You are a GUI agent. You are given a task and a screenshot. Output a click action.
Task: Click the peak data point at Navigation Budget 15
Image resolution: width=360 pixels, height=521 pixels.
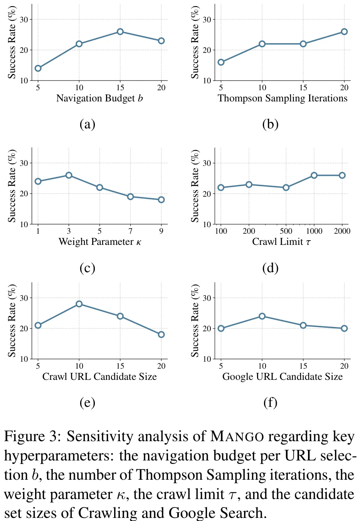point(120,32)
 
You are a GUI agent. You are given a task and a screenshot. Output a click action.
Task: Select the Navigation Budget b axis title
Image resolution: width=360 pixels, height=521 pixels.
point(99,98)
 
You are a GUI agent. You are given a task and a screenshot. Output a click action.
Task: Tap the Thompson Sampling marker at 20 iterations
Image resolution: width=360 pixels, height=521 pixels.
point(344,32)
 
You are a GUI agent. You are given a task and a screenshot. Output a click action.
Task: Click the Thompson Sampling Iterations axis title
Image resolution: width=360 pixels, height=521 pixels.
point(283,98)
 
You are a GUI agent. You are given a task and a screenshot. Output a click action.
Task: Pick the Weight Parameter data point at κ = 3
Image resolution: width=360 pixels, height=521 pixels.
point(69,175)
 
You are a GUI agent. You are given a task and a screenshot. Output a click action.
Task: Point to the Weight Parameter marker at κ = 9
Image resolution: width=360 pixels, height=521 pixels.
point(161,200)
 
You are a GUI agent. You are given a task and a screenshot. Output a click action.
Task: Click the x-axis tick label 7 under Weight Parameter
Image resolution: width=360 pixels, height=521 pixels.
point(131,231)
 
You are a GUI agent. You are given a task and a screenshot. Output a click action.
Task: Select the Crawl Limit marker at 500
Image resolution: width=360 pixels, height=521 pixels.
point(286,187)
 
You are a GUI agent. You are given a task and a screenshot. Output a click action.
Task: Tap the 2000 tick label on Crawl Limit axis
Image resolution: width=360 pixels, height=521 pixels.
point(342,231)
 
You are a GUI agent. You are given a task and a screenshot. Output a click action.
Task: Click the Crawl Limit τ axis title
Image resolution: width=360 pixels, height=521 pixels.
point(281,242)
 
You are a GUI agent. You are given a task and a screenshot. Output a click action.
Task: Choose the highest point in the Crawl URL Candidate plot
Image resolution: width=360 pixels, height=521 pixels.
point(79,304)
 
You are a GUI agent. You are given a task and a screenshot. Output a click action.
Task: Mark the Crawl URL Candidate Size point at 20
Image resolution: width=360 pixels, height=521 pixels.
point(161,334)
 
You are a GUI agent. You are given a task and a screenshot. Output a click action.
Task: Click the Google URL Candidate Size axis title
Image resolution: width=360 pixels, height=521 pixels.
point(283,377)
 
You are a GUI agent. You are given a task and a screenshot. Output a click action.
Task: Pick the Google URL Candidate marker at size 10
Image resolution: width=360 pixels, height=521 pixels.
point(262,316)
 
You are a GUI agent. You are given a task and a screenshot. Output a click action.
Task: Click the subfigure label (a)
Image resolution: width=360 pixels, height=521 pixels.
point(87,124)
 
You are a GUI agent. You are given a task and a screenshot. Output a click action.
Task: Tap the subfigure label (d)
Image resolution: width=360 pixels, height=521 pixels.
point(270,268)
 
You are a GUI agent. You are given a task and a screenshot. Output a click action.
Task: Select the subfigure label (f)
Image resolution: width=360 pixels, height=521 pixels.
point(270,403)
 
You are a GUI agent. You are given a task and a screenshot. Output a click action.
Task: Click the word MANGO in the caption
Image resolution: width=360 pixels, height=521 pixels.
point(237,437)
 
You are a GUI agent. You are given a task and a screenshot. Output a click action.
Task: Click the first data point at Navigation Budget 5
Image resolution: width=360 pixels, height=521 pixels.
point(38,68)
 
